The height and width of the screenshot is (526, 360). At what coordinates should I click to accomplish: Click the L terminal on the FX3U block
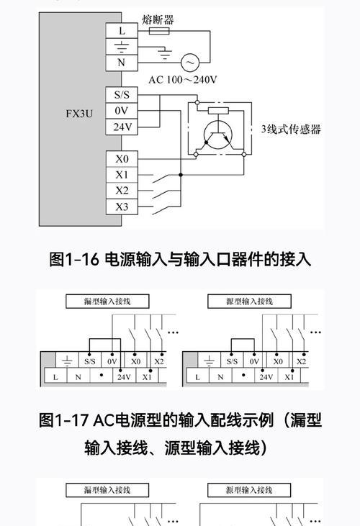(x=122, y=30)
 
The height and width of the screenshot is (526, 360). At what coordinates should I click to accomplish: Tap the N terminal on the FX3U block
(x=122, y=63)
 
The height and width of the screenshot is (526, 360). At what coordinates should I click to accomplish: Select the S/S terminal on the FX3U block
(x=122, y=95)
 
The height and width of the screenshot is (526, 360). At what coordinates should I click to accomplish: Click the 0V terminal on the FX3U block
(x=122, y=111)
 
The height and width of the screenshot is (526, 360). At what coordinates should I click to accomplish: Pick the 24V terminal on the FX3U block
(x=122, y=127)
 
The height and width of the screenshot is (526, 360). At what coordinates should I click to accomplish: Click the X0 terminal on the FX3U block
(x=122, y=159)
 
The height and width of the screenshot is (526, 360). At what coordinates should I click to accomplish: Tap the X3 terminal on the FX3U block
(x=122, y=207)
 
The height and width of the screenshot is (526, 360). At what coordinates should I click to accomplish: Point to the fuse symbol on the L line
(x=159, y=31)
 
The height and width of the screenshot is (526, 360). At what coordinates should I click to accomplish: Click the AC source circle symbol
(x=190, y=63)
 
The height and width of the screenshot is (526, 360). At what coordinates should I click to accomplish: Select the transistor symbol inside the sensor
(x=218, y=135)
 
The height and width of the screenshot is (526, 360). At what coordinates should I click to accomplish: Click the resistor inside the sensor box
(x=218, y=111)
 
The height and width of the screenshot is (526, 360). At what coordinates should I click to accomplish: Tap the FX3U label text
(x=79, y=114)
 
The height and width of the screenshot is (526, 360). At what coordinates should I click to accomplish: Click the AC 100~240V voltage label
(x=183, y=80)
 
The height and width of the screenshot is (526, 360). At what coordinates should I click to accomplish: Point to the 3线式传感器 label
(x=291, y=129)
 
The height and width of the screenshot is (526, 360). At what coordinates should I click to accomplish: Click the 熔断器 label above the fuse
(x=158, y=20)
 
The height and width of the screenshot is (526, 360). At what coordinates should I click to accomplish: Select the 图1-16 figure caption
(x=180, y=259)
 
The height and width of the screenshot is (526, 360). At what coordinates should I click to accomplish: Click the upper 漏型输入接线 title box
(x=107, y=301)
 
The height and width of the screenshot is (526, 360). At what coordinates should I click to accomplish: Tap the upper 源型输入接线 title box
(x=249, y=301)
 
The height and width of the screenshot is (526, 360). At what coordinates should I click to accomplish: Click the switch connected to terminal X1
(x=161, y=178)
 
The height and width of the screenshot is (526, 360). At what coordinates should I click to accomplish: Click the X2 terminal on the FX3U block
(x=122, y=191)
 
